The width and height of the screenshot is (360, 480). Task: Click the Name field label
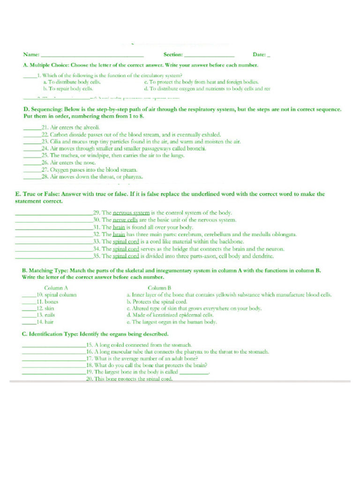31,55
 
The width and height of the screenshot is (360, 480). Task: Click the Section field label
173,55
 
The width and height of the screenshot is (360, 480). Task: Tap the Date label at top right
259,55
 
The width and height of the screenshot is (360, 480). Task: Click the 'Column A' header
56,288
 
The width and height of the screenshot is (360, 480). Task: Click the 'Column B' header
159,288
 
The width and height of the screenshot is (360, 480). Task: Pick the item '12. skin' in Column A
45,309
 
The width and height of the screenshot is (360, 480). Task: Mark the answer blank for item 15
53,345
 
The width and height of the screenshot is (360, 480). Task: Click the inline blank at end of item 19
194,372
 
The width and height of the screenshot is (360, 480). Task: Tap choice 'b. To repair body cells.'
68,89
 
